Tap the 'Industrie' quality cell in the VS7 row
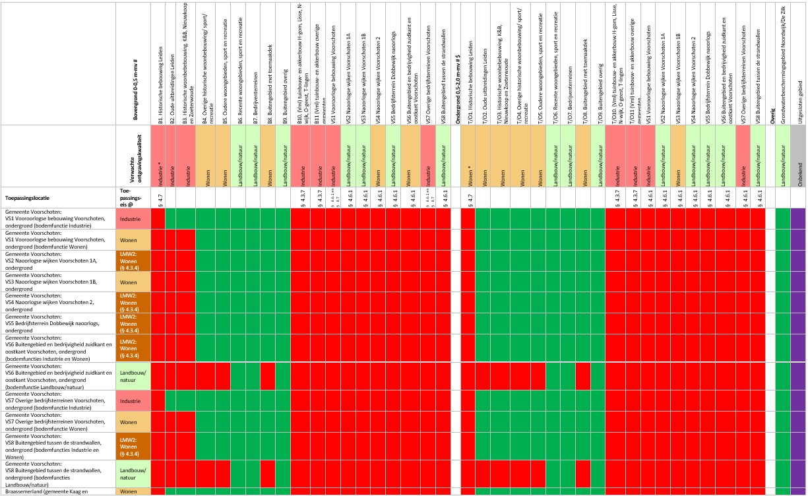tap(135, 400)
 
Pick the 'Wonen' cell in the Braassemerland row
tap(135, 491)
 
